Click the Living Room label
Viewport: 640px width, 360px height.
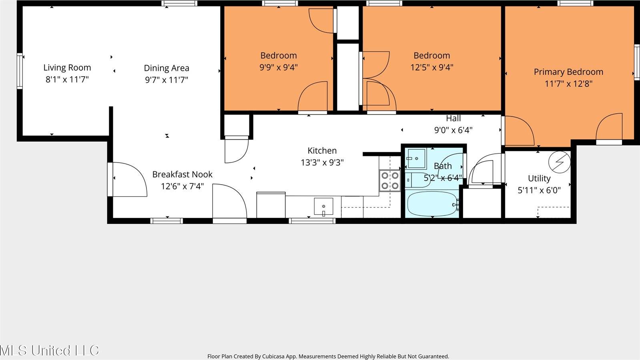(x=67, y=68)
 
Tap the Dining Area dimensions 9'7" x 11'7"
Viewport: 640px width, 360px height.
(x=167, y=80)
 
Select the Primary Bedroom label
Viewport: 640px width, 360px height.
(x=568, y=72)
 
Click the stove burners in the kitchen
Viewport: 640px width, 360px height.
(x=390, y=181)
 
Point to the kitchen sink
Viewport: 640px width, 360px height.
(x=323, y=207)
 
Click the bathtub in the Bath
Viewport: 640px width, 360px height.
(x=432, y=204)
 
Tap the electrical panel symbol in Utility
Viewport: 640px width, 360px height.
(x=559, y=162)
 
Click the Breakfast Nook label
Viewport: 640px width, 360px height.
(x=182, y=175)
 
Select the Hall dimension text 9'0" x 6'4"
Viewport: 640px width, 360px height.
(x=453, y=130)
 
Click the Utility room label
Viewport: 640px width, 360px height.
(x=539, y=179)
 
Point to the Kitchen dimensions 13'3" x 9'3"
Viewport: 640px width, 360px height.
(x=322, y=163)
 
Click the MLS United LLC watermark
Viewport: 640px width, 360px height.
(x=49, y=350)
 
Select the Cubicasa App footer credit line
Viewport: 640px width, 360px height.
(x=328, y=356)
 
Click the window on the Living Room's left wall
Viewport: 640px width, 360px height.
(x=20, y=71)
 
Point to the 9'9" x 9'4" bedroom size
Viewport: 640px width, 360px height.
(x=279, y=67)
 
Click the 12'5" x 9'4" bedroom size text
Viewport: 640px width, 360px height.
(x=431, y=67)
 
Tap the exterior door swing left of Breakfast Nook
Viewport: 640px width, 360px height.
(x=129, y=179)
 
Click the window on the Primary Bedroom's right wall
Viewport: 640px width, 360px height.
(x=636, y=62)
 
